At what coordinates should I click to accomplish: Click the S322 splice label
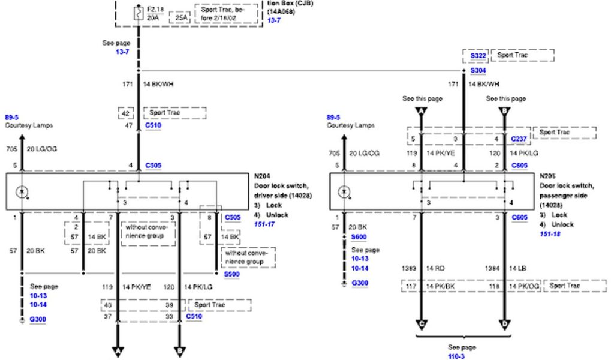click(478, 56)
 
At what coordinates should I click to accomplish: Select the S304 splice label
click(478, 70)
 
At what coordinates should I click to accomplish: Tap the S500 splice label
click(231, 274)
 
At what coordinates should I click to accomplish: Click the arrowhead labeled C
click(422, 325)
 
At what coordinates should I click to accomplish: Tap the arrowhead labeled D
click(504, 325)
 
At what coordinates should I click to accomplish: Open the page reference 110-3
click(456, 356)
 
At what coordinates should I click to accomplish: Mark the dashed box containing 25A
click(182, 18)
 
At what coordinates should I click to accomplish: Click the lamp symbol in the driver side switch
click(23, 193)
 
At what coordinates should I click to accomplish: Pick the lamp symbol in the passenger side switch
click(344, 193)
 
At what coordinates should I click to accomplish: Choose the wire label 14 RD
click(435, 268)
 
